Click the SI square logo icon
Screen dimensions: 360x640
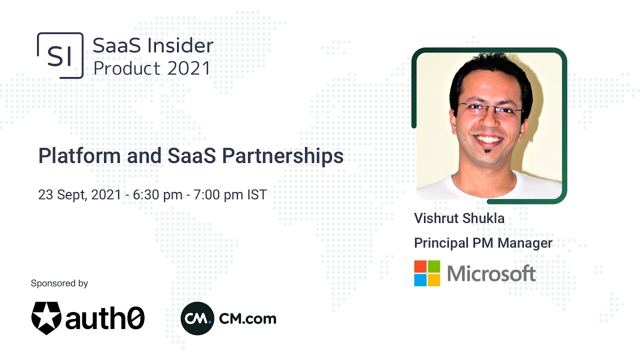click(60, 55)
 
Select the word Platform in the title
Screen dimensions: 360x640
click(79, 156)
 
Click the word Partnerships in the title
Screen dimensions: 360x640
click(282, 156)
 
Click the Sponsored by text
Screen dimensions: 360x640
click(59, 283)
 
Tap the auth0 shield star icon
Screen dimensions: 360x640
click(46, 317)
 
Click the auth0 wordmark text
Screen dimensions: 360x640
click(105, 318)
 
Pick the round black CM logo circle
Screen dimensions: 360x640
click(197, 318)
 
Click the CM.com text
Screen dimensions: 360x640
click(247, 318)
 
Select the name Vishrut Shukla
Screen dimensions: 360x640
click(459, 218)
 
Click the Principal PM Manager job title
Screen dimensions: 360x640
click(483, 243)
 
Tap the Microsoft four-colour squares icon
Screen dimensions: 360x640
click(427, 273)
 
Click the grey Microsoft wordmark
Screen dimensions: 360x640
click(491, 273)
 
